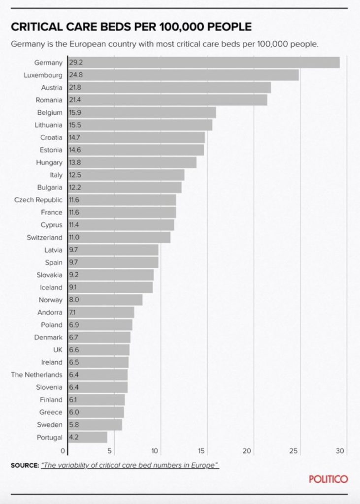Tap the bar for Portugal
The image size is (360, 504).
[x=87, y=437]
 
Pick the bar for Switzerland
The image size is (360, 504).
[x=119, y=237]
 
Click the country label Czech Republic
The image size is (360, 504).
[x=38, y=200]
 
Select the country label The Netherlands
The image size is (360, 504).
[x=37, y=375]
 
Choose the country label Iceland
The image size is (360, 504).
[x=51, y=287]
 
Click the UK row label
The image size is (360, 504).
[x=57, y=349]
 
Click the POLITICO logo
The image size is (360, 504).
[x=328, y=479]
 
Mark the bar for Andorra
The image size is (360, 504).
[x=101, y=313]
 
